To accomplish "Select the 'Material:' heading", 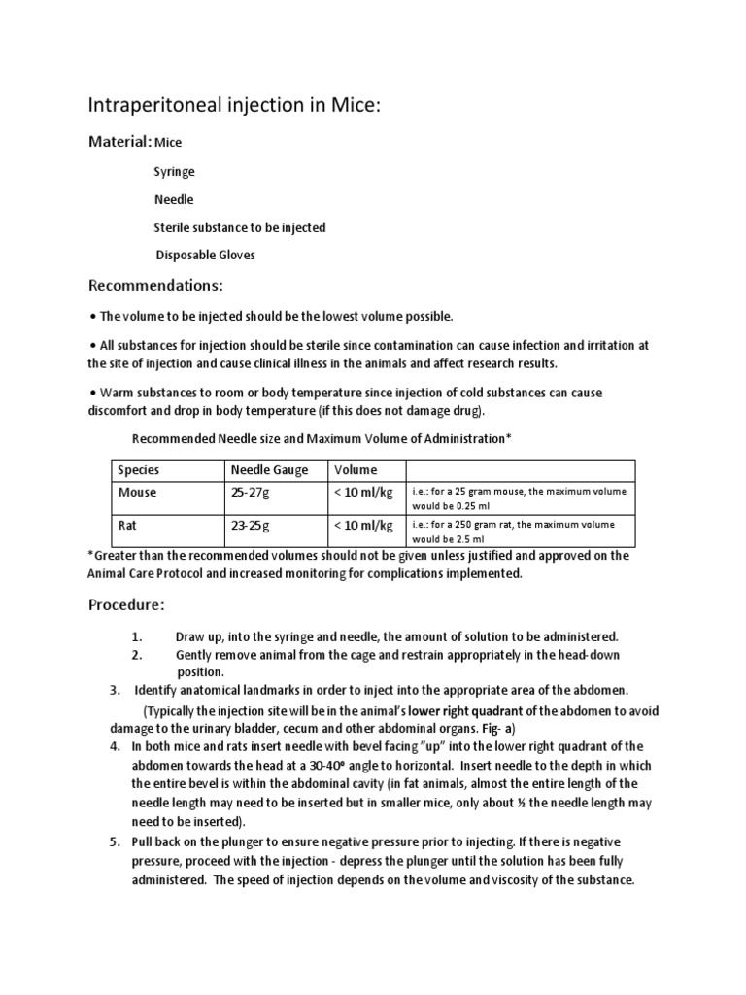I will tap(119, 142).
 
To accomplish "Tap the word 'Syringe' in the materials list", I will tap(174, 171).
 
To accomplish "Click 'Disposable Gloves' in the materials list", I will tap(206, 256).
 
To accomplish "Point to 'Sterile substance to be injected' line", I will tap(240, 227).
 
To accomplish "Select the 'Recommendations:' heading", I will tap(155, 286).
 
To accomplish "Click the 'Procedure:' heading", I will tap(126, 604).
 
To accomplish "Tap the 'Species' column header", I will tap(138, 470).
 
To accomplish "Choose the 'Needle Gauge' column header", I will tap(269, 470).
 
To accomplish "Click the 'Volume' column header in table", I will tap(356, 470).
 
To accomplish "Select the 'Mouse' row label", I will tap(137, 492).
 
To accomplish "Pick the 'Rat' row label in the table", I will tap(127, 526).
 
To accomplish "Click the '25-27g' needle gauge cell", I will tap(251, 493).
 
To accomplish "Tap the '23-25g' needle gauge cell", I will tap(251, 526).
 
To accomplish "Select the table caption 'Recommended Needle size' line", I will tap(321, 439).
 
